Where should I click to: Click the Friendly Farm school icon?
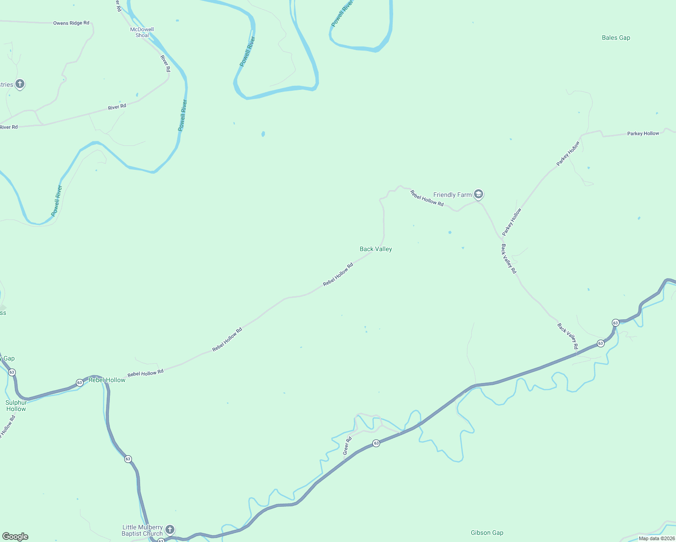(479, 195)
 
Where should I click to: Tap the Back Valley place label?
(376, 249)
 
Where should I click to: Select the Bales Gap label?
(616, 38)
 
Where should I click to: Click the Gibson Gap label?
(487, 533)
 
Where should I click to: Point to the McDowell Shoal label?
(142, 33)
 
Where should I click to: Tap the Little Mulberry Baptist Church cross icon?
(169, 529)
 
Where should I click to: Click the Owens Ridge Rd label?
(71, 23)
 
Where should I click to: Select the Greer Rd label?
(347, 446)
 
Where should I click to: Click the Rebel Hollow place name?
(107, 380)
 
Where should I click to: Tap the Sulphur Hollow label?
(16, 406)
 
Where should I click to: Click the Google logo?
(15, 537)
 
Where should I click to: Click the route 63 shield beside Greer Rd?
(376, 444)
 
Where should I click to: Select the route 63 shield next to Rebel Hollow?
(80, 383)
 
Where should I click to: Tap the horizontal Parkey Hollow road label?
(643, 134)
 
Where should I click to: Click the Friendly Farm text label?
(452, 195)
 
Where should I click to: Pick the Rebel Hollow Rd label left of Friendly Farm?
(427, 198)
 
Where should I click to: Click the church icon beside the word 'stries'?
(19, 84)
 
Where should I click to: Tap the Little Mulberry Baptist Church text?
(142, 530)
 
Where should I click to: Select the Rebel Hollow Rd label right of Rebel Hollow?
(146, 373)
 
